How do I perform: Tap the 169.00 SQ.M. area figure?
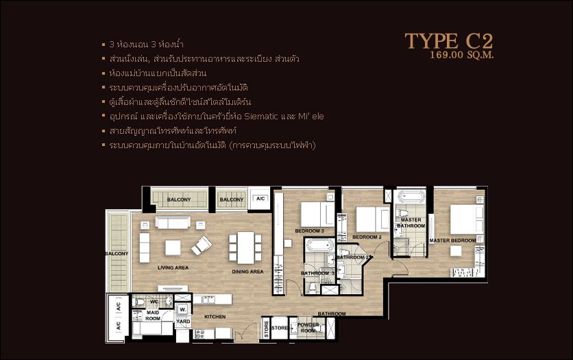462,55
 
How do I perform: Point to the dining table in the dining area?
245,248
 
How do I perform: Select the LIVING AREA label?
173,268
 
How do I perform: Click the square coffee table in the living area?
173,247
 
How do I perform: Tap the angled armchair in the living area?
202,245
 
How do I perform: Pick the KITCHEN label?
215,317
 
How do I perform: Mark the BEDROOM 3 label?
309,231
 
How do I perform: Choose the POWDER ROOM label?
308,327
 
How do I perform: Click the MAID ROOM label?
153,315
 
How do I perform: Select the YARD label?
183,320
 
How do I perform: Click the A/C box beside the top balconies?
260,199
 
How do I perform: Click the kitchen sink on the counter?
206,300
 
